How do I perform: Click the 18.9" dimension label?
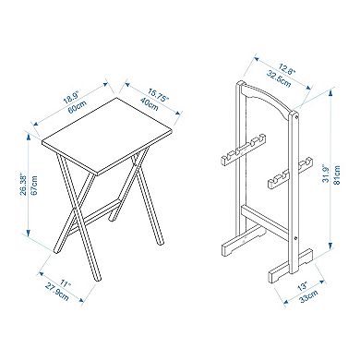click(71, 97)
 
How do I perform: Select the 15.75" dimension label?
click(159, 95)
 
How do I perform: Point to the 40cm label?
click(149, 103)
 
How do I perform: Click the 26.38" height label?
click(24, 186)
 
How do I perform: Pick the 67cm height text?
click(34, 185)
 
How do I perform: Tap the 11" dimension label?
click(66, 283)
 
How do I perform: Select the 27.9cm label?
click(57, 292)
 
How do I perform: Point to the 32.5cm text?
click(279, 78)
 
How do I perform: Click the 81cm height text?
click(336, 175)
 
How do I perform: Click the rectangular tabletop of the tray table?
click(107, 137)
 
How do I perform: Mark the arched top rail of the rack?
click(267, 98)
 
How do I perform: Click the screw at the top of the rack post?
click(295, 117)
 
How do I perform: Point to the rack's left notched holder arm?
click(243, 150)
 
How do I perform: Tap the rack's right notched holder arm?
click(290, 174)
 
